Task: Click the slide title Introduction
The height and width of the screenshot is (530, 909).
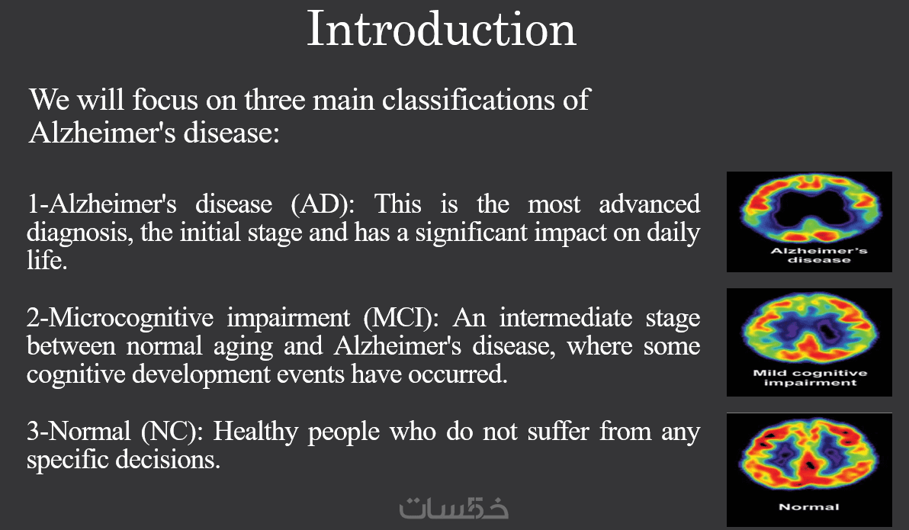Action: [x=442, y=29]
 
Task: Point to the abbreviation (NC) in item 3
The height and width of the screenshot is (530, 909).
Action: [x=172, y=432]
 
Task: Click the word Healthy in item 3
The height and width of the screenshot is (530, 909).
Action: [x=255, y=432]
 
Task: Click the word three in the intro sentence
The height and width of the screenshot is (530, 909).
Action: [x=275, y=100]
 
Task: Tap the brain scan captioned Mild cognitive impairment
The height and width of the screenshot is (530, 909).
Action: [x=810, y=328]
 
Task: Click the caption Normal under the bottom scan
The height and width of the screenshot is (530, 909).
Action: [x=808, y=507]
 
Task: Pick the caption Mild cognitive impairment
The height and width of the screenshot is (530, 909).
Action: [x=810, y=377]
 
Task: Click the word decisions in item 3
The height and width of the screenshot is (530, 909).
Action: [x=168, y=460]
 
